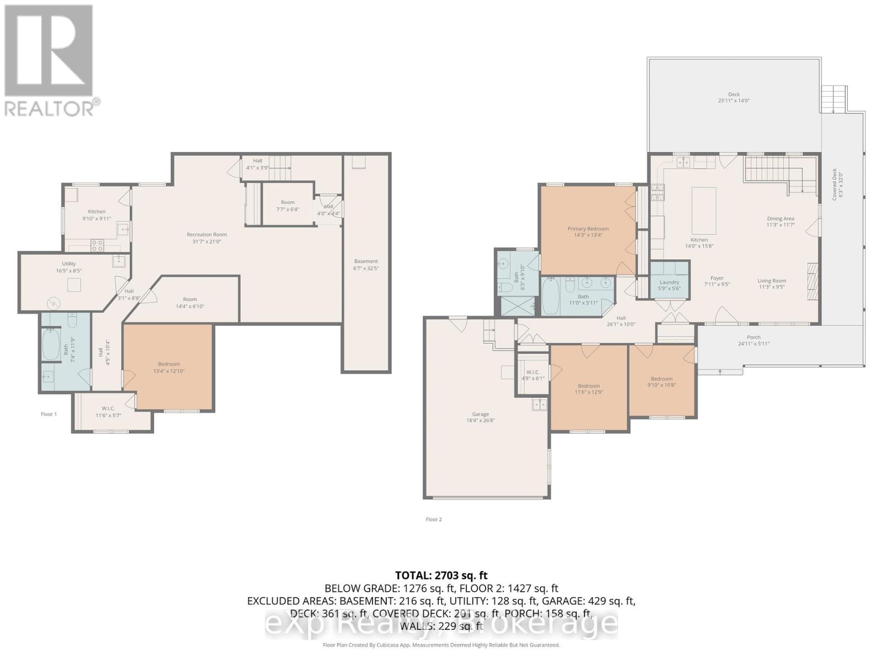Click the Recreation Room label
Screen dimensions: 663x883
[x=206, y=235]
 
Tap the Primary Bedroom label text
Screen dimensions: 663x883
[x=588, y=229]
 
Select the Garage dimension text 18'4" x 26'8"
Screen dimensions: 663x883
[x=480, y=420]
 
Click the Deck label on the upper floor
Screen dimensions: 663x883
[x=733, y=94]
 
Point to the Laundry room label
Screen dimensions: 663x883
[x=669, y=282]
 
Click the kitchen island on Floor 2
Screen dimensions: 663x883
[x=704, y=211]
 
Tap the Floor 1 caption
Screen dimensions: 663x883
[x=49, y=414]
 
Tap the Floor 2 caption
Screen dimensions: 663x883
[x=433, y=519]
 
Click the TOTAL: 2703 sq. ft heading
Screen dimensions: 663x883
[x=441, y=575]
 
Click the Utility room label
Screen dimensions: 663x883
[x=69, y=264]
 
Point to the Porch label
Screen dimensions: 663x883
[x=753, y=338]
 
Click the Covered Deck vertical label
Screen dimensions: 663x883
[x=834, y=183]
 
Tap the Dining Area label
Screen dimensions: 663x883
[x=780, y=219]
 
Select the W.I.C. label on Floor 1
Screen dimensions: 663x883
[x=108, y=409]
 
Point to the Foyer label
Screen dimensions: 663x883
[x=717, y=278]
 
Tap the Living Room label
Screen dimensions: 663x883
[x=772, y=281]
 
